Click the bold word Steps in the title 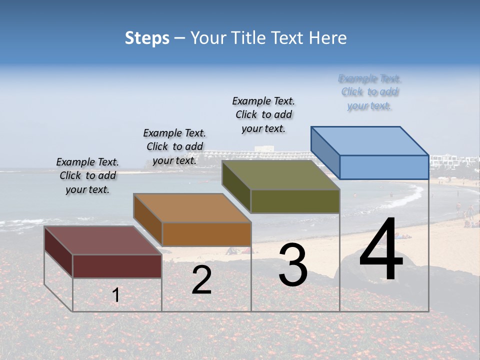(x=147, y=38)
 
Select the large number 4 (x=381, y=250)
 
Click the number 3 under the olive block (x=292, y=265)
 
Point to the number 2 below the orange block (x=201, y=280)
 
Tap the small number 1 (x=116, y=295)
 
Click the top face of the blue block (x=370, y=140)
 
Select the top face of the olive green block (x=280, y=175)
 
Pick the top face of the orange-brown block (x=192, y=208)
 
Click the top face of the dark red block (x=103, y=240)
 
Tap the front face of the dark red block (x=117, y=266)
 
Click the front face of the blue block (x=384, y=167)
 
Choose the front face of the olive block (x=295, y=201)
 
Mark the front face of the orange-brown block (x=206, y=233)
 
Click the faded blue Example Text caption (x=369, y=92)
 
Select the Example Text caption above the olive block (x=263, y=114)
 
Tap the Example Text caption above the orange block (x=174, y=146)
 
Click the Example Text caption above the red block (x=87, y=175)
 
